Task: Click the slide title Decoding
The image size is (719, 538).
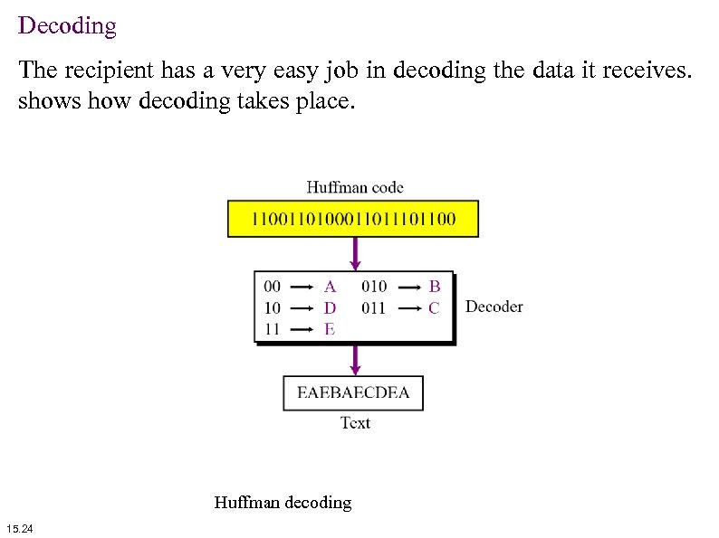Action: point(67,25)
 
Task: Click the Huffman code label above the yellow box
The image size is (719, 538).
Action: point(355,188)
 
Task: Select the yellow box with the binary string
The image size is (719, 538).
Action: point(353,219)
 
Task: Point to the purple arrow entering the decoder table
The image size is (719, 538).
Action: point(355,253)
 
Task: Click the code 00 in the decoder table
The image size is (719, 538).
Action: point(272,287)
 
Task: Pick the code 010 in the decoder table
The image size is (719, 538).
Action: point(373,287)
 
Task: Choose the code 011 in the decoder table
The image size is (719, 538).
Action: point(373,308)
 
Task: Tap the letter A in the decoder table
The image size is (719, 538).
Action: point(330,287)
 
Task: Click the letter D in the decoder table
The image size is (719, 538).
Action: point(330,308)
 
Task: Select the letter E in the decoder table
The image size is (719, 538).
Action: point(330,329)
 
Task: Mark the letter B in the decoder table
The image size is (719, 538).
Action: point(435,287)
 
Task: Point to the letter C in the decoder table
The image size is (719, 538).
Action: point(435,308)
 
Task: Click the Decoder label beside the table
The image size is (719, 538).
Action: point(494,307)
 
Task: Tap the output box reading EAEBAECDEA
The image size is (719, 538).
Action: point(353,392)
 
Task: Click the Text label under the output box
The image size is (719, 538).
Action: point(355,422)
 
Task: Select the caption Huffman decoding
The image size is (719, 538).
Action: point(283,502)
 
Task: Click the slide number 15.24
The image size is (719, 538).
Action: point(19,528)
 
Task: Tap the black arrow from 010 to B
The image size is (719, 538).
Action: point(409,287)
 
